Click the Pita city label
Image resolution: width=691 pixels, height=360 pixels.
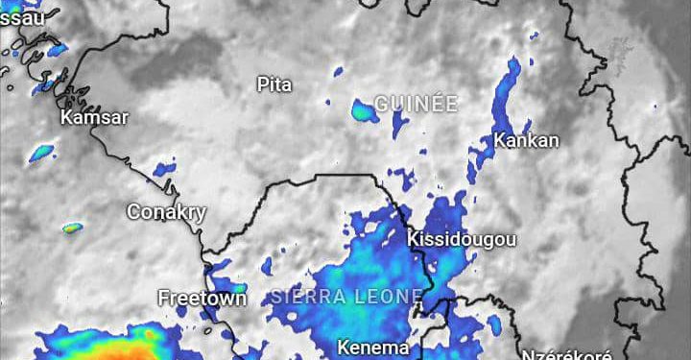coord(274,84)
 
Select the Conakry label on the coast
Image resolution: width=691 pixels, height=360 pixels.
coord(167,212)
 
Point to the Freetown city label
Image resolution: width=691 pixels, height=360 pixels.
coord(202,298)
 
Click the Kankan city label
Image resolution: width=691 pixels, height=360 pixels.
coord(526,140)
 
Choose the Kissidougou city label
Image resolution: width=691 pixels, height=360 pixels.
coord(463,239)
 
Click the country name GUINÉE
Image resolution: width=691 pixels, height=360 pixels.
coord(416,104)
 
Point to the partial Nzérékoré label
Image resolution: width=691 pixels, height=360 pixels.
coord(566,353)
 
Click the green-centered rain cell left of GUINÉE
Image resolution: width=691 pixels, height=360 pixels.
coord(363,110)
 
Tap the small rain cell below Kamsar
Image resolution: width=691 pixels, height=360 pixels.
coord(41,152)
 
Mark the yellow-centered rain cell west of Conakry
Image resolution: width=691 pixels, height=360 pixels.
coord(73,228)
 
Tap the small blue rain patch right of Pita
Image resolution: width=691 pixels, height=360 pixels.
coord(338,70)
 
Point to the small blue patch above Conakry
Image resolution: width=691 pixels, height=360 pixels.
coord(164,169)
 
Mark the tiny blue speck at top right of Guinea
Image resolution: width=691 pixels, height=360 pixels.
coord(535,36)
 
